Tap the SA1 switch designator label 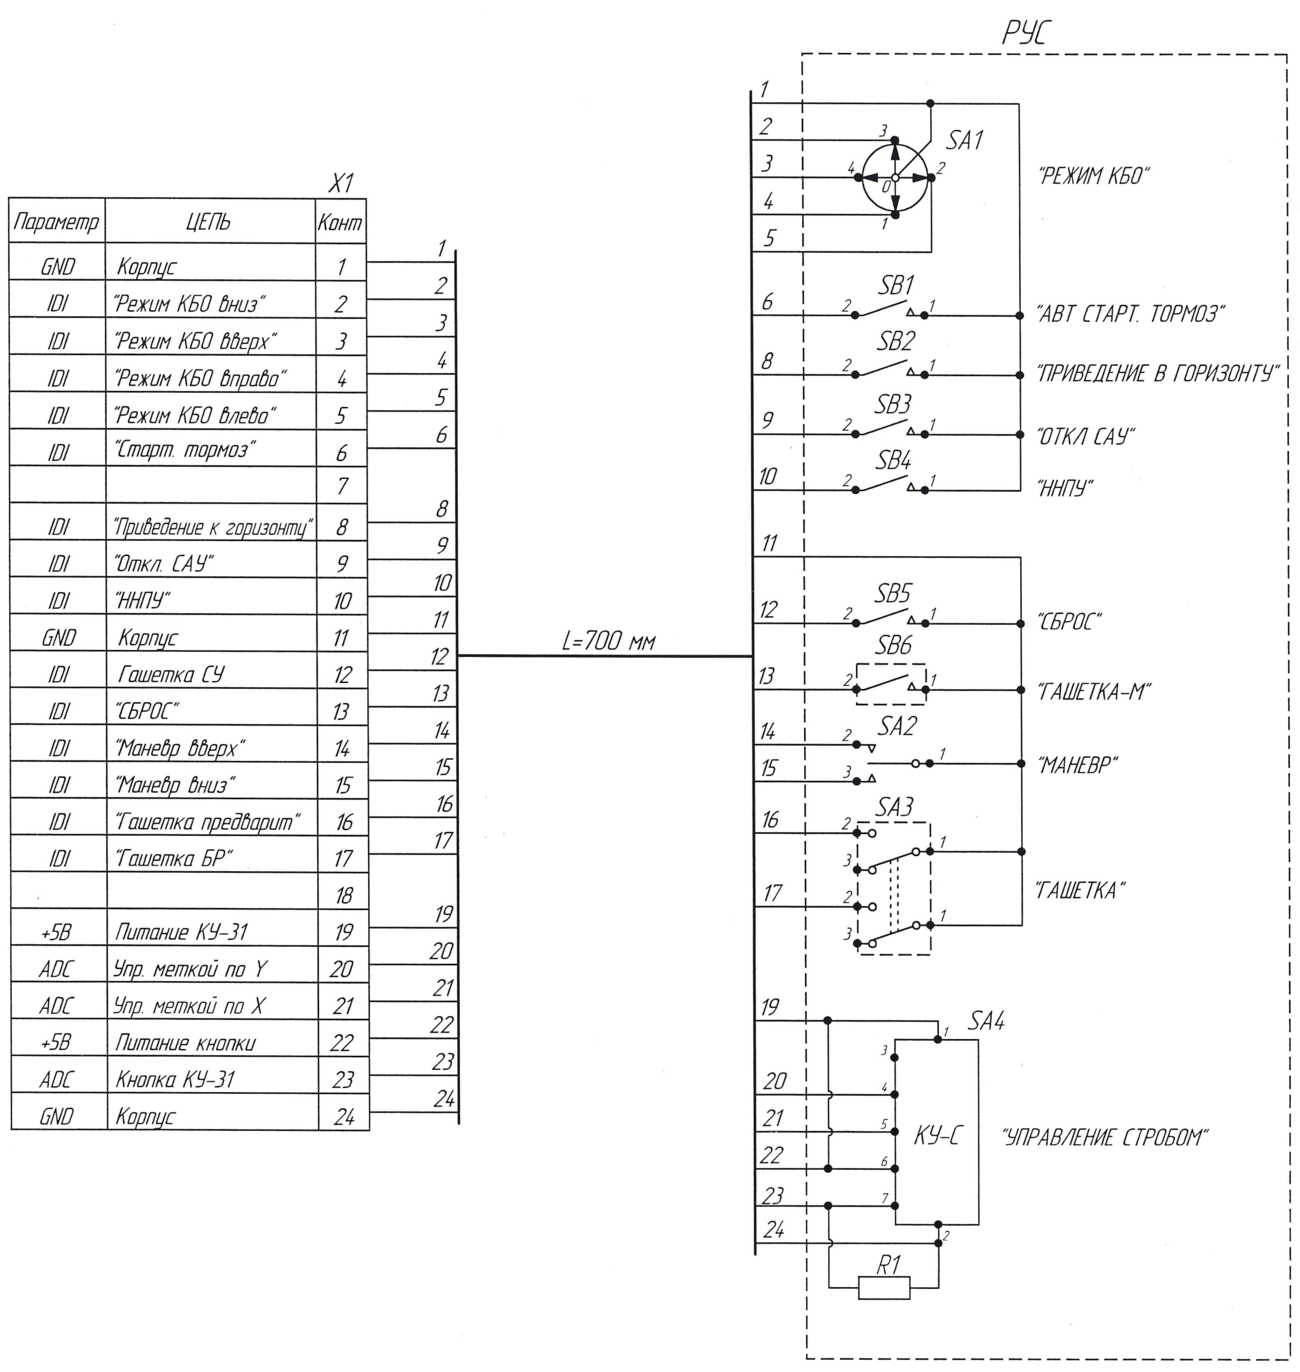pyautogui.click(x=965, y=141)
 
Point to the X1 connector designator pyautogui.click(x=340, y=184)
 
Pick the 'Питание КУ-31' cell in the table pyautogui.click(x=181, y=932)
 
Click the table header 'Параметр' pyautogui.click(x=56, y=222)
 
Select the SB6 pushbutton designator pyautogui.click(x=893, y=646)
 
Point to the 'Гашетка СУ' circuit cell pyautogui.click(x=171, y=674)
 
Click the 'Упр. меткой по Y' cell pyautogui.click(x=190, y=968)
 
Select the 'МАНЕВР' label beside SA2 pyautogui.click(x=1078, y=765)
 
